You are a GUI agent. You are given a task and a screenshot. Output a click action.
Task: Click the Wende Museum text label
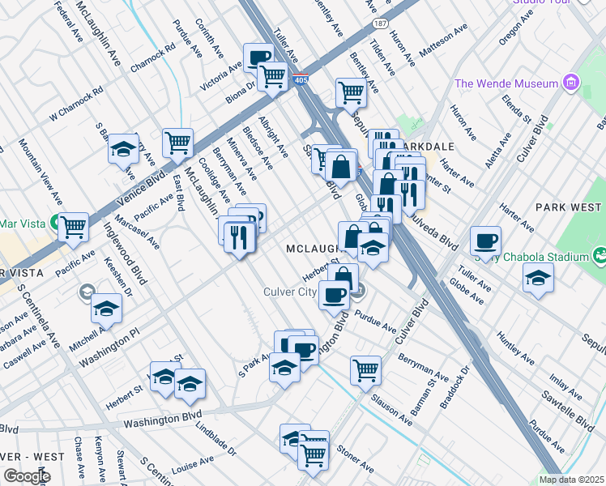[506, 83]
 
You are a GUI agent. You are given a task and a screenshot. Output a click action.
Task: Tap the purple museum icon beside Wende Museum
[572, 83]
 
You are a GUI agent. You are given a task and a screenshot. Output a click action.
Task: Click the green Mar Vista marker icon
[54, 220]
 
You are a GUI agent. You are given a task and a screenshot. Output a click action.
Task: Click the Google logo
[27, 476]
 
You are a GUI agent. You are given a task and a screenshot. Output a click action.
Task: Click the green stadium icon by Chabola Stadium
[600, 257]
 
